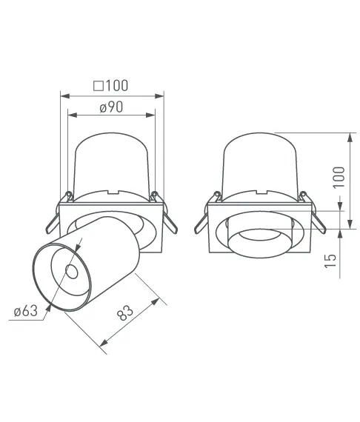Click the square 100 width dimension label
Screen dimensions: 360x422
click(x=110, y=86)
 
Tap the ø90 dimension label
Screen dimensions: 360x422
click(x=111, y=107)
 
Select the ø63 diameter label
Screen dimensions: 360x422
click(x=26, y=312)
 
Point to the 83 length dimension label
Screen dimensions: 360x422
click(x=125, y=312)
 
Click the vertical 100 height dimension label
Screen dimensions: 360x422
click(x=339, y=177)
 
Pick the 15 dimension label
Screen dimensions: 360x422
click(x=330, y=261)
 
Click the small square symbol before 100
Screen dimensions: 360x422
click(x=99, y=86)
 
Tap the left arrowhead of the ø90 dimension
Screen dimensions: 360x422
click(x=73, y=115)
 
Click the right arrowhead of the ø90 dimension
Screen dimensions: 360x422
click(x=150, y=115)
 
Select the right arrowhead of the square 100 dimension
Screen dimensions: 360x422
click(x=159, y=96)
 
